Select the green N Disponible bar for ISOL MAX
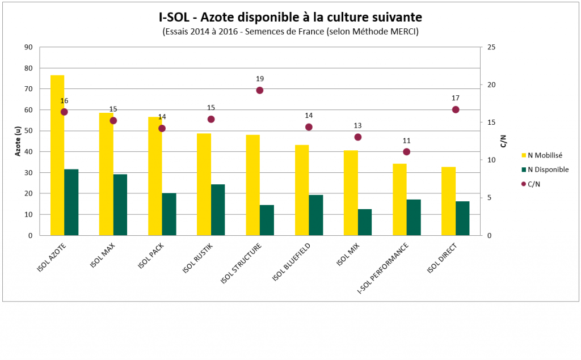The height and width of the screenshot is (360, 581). click(120, 205)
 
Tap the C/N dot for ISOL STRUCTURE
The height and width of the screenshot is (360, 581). click(260, 90)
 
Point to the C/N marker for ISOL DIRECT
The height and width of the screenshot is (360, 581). click(456, 109)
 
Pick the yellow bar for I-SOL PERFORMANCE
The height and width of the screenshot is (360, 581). click(399, 200)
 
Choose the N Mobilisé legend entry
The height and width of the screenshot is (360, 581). click(544, 155)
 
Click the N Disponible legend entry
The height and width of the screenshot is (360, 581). click(546, 170)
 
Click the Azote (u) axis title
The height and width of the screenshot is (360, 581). click(18, 141)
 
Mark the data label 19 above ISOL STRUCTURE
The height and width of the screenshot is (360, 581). click(260, 79)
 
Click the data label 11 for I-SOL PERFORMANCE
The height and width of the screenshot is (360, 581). click(406, 141)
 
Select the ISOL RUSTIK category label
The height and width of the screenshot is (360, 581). click(197, 258)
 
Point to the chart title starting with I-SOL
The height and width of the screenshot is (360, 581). click(290, 16)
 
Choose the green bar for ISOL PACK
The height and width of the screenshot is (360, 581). click(169, 214)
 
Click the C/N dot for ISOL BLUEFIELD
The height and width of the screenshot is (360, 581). click(309, 127)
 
